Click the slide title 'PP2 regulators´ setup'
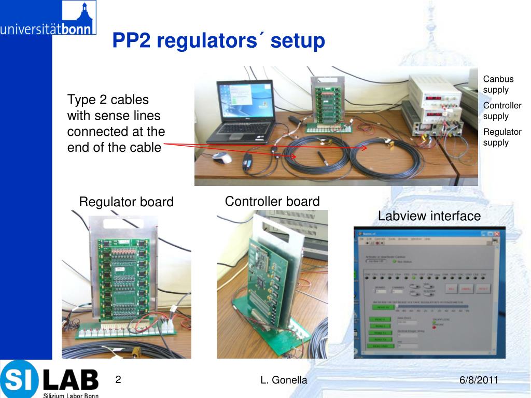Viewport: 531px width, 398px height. coord(218,40)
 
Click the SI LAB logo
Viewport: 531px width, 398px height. coord(49,379)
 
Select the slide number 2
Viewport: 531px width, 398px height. coord(118,380)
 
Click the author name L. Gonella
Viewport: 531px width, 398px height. coord(284,380)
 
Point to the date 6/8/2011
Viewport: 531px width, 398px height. coord(479,380)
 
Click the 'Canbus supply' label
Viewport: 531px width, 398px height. coord(498,84)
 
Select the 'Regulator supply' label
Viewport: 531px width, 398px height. coord(502,137)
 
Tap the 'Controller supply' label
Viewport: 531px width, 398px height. coord(502,111)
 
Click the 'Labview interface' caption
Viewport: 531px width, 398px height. coord(429,216)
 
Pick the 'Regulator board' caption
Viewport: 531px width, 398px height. coord(126,202)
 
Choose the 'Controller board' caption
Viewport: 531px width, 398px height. coord(272,201)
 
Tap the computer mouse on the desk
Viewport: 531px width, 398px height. coord(222,158)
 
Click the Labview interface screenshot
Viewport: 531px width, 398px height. coord(429,292)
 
